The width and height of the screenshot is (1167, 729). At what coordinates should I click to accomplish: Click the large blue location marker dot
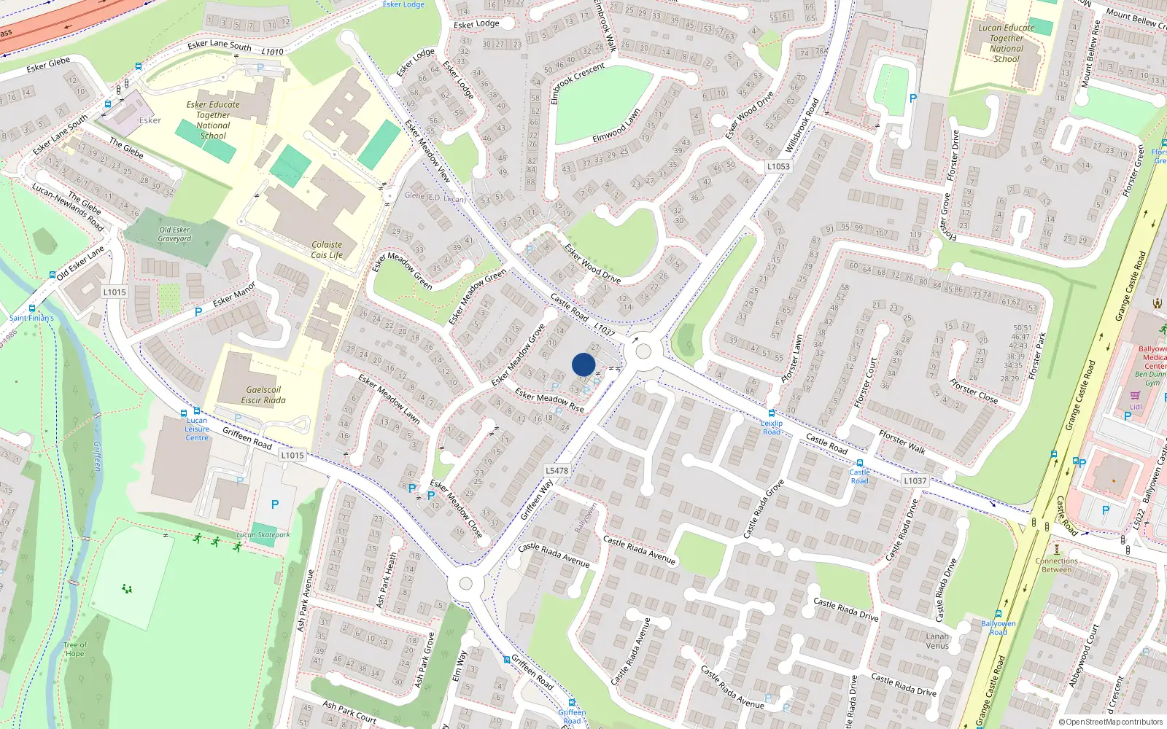[x=583, y=364]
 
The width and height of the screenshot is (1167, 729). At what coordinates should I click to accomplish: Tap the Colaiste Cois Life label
[x=326, y=250]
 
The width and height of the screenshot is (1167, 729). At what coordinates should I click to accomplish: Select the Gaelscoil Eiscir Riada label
[x=263, y=395]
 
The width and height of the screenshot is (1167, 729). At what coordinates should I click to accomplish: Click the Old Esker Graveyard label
[x=175, y=234]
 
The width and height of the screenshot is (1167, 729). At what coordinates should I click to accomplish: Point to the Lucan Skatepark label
[x=263, y=534]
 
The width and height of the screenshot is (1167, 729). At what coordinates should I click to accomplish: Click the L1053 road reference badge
[x=778, y=166]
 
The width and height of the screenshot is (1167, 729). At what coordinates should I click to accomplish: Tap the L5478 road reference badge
[x=557, y=470]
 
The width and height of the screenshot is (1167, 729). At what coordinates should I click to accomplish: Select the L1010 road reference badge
[x=272, y=52]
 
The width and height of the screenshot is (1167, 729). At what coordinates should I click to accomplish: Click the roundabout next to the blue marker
[x=643, y=351]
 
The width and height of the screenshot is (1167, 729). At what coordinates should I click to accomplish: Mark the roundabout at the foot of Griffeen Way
[x=466, y=583]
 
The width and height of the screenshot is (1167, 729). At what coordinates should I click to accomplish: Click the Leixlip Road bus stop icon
[x=771, y=413]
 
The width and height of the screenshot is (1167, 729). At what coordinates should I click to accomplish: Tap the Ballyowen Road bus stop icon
[x=998, y=614]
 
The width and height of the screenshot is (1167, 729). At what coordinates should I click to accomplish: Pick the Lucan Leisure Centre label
[x=197, y=429]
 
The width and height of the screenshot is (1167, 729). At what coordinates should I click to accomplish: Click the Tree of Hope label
[x=74, y=649]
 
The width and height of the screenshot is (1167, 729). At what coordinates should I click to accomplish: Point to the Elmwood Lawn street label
[x=616, y=126]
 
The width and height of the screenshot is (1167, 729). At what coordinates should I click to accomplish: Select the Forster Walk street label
[x=902, y=442]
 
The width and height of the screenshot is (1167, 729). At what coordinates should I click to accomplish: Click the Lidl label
[x=1136, y=407]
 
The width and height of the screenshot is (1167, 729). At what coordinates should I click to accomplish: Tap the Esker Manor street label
[x=234, y=294]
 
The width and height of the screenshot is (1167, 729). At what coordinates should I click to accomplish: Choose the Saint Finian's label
[x=31, y=318]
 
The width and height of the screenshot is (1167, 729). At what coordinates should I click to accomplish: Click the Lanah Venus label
[x=937, y=641]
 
